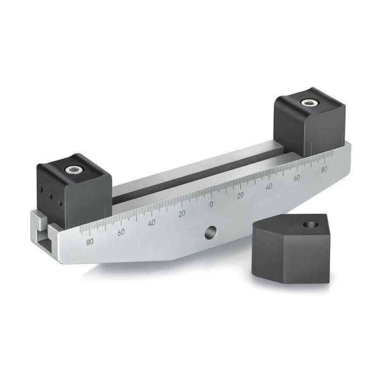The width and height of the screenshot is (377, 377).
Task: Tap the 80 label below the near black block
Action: click(x=89, y=242)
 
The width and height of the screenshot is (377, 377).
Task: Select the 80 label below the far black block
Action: click(x=324, y=170)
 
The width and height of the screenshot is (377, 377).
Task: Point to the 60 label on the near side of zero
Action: click(x=121, y=232)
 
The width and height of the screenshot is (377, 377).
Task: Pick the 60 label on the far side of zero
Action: click(x=296, y=178)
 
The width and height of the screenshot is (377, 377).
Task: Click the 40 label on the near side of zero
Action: click(x=152, y=222)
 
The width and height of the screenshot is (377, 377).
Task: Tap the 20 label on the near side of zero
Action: click(x=182, y=213)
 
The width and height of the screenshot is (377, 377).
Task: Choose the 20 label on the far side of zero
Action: click(x=241, y=195)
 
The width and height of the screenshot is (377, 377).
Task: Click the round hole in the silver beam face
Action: click(x=209, y=233)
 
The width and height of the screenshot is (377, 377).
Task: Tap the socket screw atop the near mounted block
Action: click(x=74, y=171)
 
